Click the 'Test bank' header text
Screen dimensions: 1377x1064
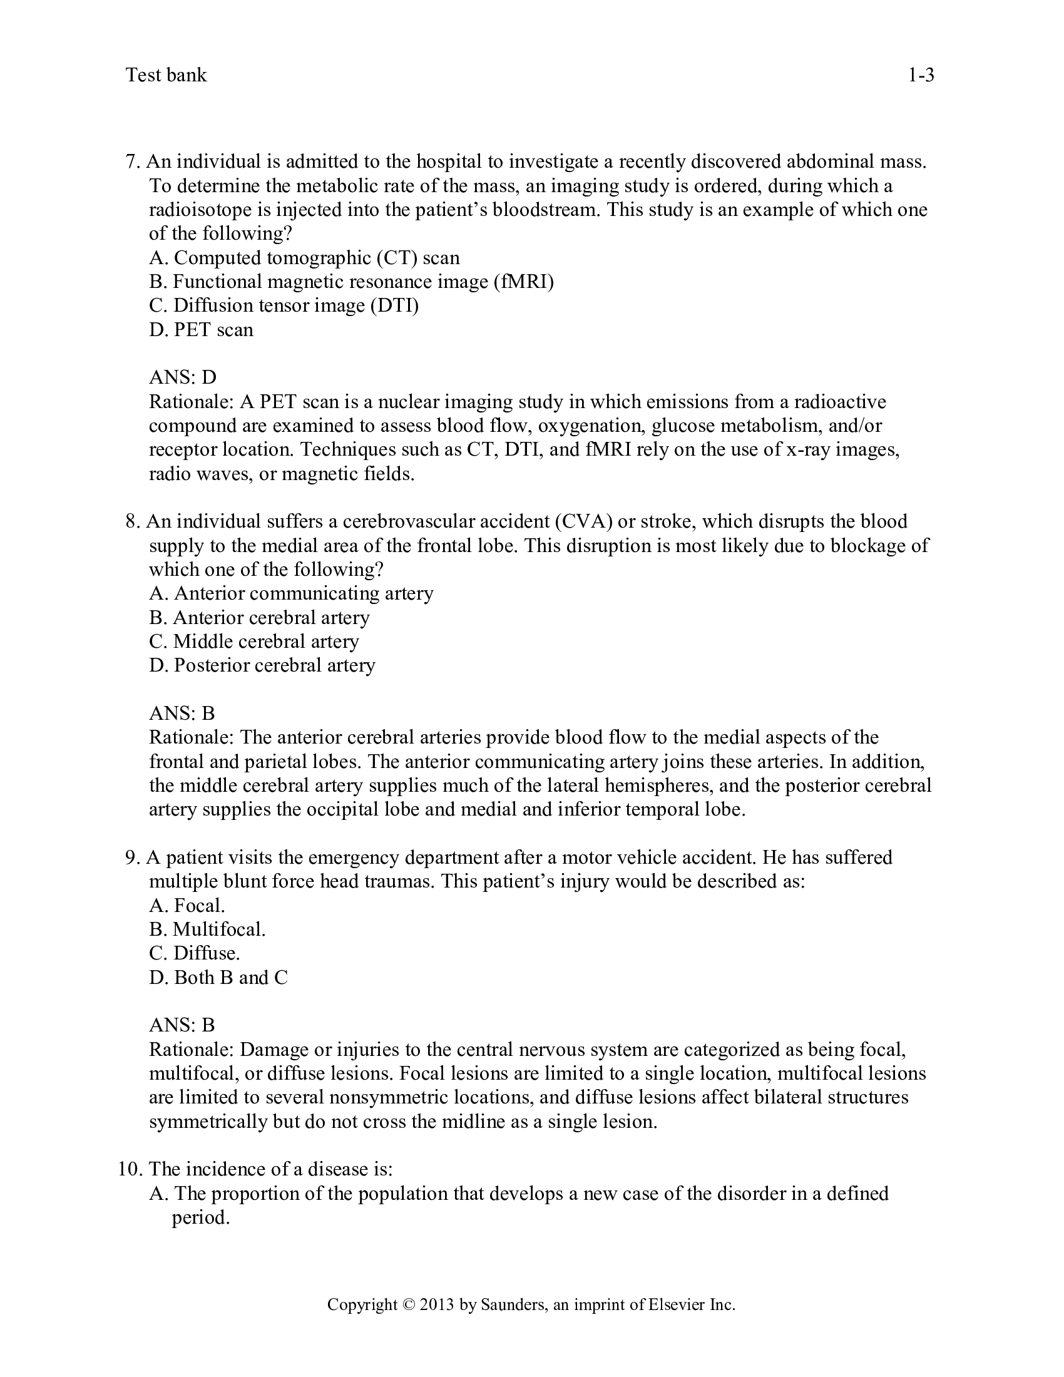coord(166,75)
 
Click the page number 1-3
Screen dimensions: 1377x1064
coord(920,76)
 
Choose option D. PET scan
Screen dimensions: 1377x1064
coord(201,330)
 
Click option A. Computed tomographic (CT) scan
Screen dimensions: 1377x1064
coord(304,258)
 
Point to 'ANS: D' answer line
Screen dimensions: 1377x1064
coord(182,377)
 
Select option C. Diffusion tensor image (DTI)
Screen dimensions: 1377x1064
coord(284,306)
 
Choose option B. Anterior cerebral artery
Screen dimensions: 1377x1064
coord(259,617)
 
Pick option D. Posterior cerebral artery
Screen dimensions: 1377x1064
coord(262,665)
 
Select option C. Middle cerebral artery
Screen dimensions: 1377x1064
coord(254,641)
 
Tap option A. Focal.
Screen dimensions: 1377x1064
coord(187,906)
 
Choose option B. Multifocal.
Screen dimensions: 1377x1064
coord(207,929)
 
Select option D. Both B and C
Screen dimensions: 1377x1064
coord(218,977)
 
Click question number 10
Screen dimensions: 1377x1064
coord(130,1169)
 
